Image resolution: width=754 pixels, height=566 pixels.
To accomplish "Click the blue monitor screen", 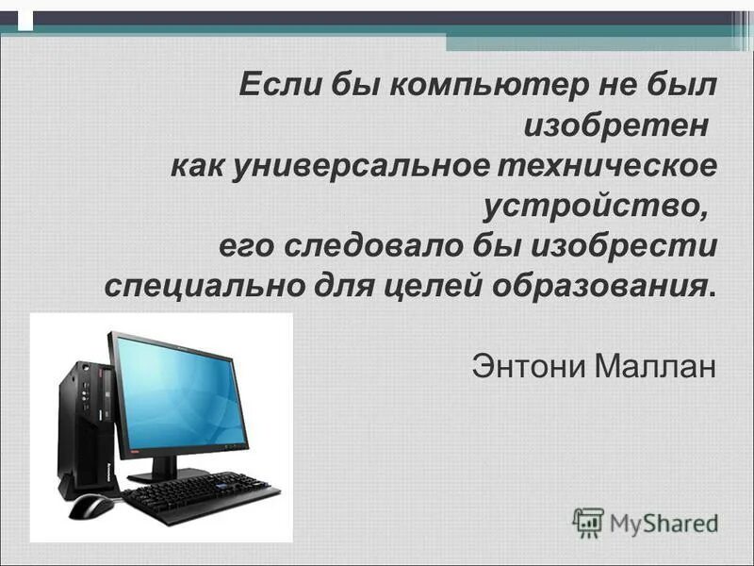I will tap(181, 394).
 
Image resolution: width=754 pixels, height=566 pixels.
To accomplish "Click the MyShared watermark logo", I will tap(647, 522).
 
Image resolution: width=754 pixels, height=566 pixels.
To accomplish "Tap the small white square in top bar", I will tap(25, 19).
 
